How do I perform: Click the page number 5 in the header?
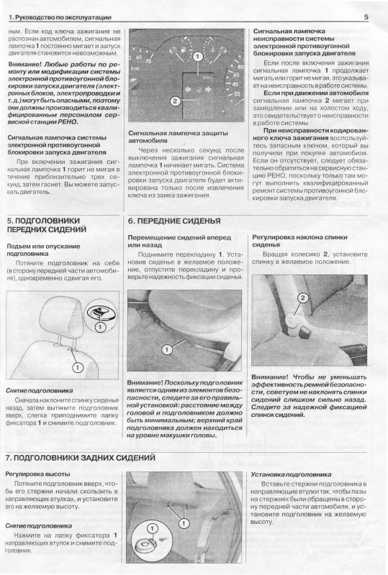click(x=366, y=17)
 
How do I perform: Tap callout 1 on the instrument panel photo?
click(x=198, y=57)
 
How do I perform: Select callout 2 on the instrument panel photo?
click(x=175, y=101)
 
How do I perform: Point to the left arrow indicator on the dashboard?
click(x=189, y=89)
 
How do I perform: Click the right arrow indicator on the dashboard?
click(x=209, y=89)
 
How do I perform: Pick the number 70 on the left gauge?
click(x=148, y=62)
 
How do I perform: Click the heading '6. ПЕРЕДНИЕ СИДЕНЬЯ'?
click(x=174, y=221)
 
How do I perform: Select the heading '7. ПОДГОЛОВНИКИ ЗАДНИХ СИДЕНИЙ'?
click(x=81, y=458)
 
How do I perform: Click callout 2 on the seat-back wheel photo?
click(x=303, y=298)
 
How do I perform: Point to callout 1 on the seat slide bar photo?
click(x=167, y=349)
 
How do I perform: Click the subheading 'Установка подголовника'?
click(x=291, y=474)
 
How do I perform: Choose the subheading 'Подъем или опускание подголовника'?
click(x=43, y=249)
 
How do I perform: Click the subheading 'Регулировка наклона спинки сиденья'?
click(x=299, y=241)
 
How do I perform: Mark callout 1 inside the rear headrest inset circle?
click(x=152, y=528)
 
